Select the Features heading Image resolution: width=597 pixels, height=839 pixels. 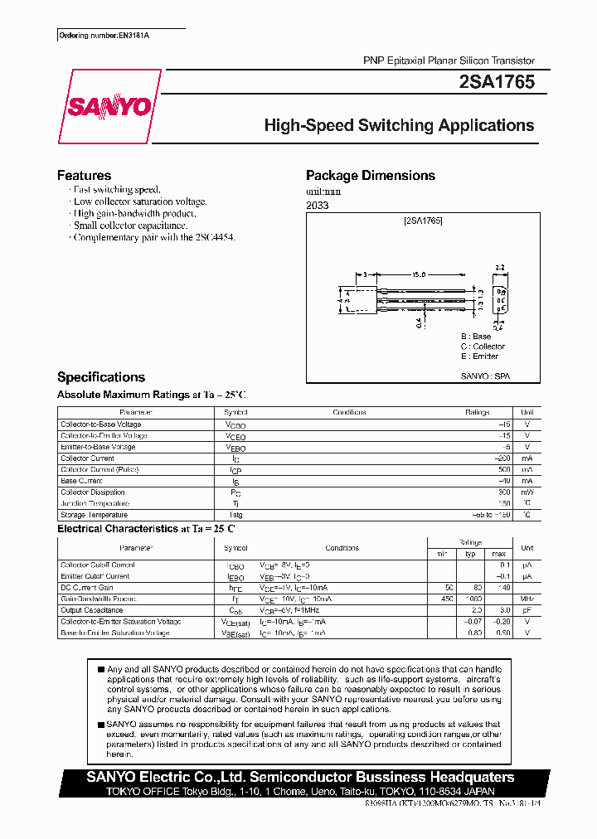[84, 176]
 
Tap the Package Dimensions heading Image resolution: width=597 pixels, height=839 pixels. [370, 176]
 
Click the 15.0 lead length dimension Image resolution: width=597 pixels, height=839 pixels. [418, 274]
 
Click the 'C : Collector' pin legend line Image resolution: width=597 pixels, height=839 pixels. [483, 347]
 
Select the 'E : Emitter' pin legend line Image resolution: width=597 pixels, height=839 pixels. [480, 356]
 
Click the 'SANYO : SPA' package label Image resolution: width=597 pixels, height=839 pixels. [485, 376]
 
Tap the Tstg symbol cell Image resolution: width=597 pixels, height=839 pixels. [235, 515]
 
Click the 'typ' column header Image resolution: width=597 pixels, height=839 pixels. [470, 554]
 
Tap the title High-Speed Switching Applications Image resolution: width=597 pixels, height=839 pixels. [399, 126]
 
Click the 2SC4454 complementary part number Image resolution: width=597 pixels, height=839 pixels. [218, 237]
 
